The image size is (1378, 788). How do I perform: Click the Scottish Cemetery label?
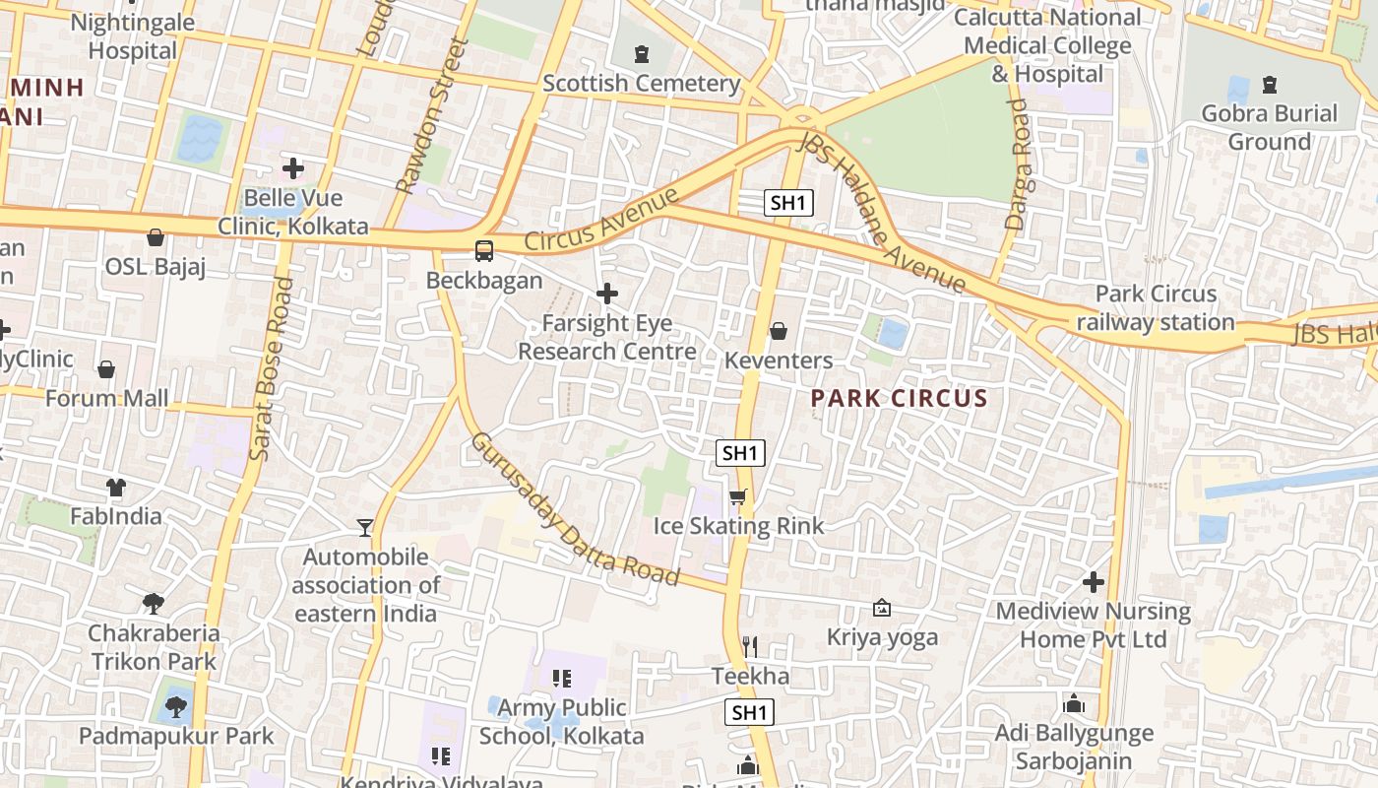click(641, 84)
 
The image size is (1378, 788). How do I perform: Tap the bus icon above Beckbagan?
click(484, 250)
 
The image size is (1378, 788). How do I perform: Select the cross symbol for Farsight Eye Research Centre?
click(607, 294)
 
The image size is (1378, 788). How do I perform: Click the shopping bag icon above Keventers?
click(779, 331)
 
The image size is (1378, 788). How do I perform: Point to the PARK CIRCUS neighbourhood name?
click(899, 399)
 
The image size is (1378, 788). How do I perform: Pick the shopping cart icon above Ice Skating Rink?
click(738, 496)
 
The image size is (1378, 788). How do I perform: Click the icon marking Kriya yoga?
click(882, 609)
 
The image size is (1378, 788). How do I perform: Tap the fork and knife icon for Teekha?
click(750, 646)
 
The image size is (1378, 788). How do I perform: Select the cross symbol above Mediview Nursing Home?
click(1093, 582)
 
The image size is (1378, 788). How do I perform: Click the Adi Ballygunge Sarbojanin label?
click(1074, 747)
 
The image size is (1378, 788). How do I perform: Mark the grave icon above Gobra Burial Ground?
click(1270, 85)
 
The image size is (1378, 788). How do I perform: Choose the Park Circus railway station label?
click(1156, 308)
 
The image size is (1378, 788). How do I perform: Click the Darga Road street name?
click(1018, 164)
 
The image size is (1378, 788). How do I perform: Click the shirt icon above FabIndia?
click(116, 487)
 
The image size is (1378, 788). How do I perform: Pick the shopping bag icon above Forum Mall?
click(106, 369)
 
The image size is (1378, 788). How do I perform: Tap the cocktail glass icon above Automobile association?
click(365, 528)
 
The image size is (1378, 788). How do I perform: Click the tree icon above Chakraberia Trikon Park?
click(153, 603)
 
